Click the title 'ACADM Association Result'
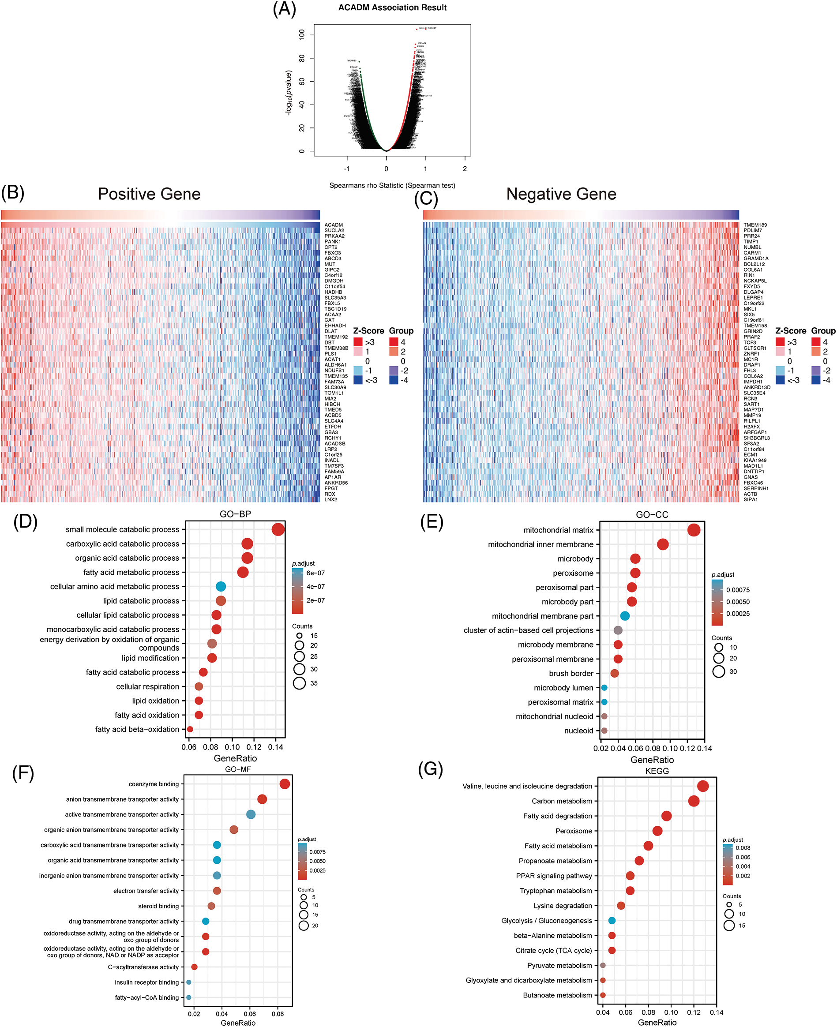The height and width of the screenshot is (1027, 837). point(392,7)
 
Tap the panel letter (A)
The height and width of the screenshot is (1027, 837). point(285,9)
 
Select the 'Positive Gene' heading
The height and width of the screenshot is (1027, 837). point(149,194)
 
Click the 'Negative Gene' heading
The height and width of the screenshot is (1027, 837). point(561,194)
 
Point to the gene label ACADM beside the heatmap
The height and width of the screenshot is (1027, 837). point(334,225)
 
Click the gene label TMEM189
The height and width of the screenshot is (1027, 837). point(755,225)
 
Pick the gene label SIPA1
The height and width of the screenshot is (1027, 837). point(751,499)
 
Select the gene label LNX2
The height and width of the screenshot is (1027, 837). point(331,499)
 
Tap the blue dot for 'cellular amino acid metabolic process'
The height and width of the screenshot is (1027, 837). point(221,587)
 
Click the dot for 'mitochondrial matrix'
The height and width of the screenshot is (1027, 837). point(694,530)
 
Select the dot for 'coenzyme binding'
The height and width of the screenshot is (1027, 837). point(285,784)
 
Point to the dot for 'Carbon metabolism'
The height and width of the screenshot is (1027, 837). point(694,801)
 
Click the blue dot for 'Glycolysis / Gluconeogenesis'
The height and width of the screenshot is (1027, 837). point(612,921)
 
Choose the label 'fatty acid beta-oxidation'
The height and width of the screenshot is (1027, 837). point(137,729)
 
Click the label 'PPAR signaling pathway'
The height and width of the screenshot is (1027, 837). point(554,876)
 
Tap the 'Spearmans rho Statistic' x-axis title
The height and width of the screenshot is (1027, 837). point(392,186)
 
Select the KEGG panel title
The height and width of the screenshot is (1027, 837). point(657,771)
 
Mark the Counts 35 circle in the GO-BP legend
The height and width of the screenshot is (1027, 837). point(300,683)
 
